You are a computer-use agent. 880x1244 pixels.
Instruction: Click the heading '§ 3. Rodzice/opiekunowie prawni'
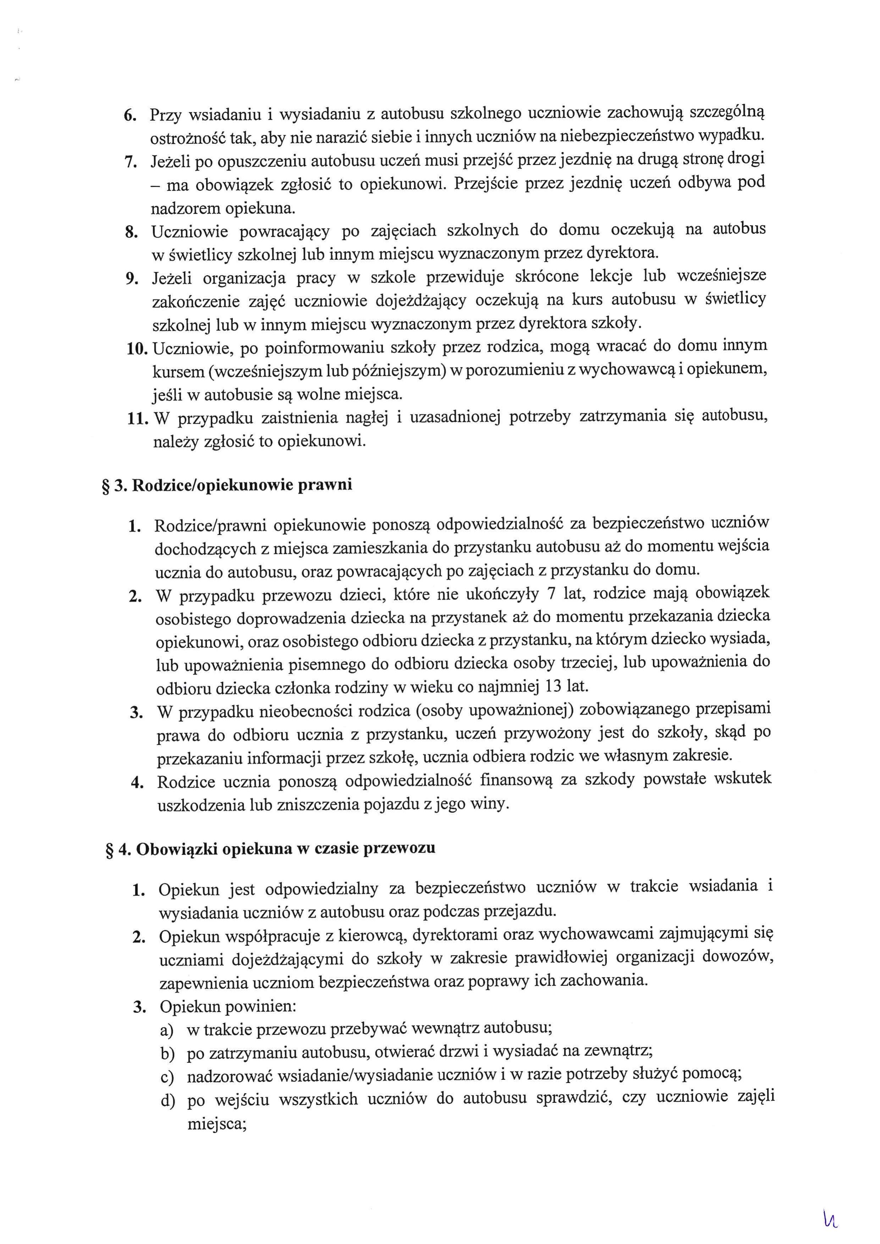[x=227, y=484]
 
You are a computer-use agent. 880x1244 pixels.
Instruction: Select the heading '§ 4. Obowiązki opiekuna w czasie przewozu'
[x=269, y=849]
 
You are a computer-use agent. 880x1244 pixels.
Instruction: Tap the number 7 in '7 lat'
[x=551, y=594]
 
